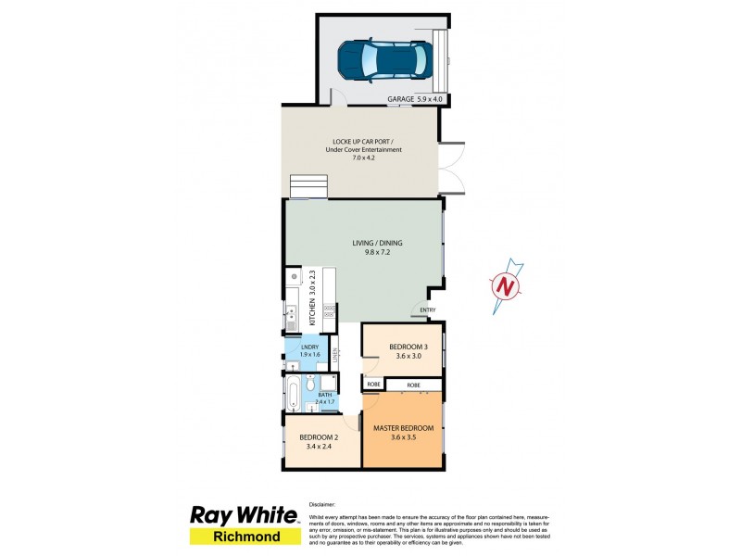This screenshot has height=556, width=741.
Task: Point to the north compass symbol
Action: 506,286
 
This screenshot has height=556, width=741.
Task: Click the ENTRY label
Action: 428,310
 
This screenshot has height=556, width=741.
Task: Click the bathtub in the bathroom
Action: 294,393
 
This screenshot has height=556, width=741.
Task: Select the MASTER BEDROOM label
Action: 403,428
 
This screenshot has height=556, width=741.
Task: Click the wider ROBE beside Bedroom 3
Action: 413,384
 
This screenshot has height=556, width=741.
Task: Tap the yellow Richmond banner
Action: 245,537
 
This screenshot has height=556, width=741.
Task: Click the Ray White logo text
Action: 245,515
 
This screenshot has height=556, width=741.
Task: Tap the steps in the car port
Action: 309,186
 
